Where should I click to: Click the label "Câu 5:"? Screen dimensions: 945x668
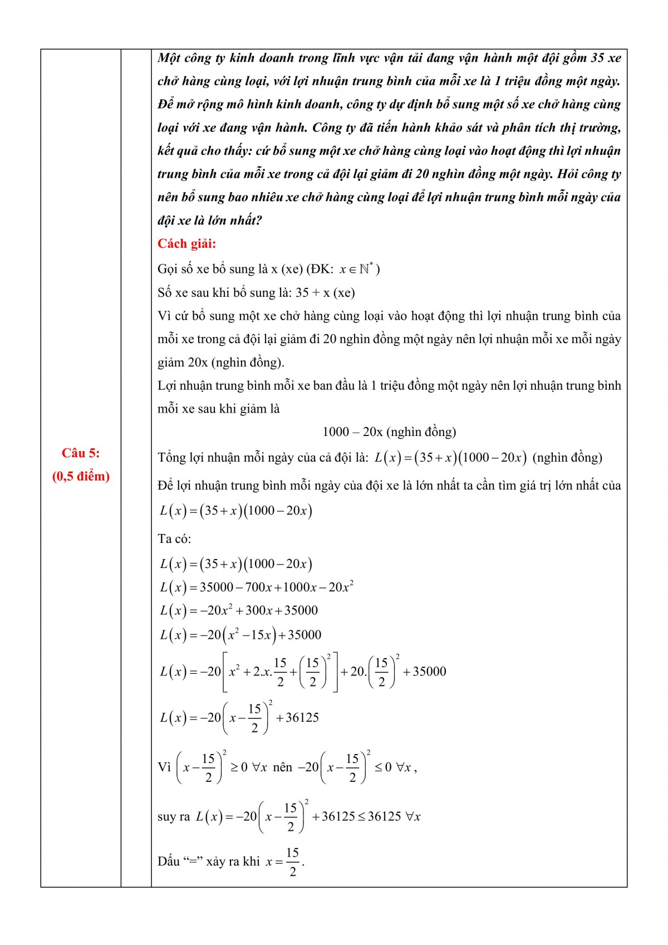coord(81,453)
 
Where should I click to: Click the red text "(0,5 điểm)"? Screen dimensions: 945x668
coord(81,477)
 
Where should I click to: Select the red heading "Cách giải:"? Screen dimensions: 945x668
coord(186,244)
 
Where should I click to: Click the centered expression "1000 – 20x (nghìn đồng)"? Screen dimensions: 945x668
coord(389,432)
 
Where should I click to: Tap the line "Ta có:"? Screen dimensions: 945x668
coord(174,539)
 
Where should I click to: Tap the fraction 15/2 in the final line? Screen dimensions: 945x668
coord(293,861)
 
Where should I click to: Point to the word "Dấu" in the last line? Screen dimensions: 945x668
coord(169,861)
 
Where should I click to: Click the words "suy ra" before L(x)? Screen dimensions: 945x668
coord(174,817)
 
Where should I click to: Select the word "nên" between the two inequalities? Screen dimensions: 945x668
coord(283,767)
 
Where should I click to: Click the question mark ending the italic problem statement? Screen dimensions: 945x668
coord(258,221)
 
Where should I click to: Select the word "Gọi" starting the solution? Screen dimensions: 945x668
coord(168,269)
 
